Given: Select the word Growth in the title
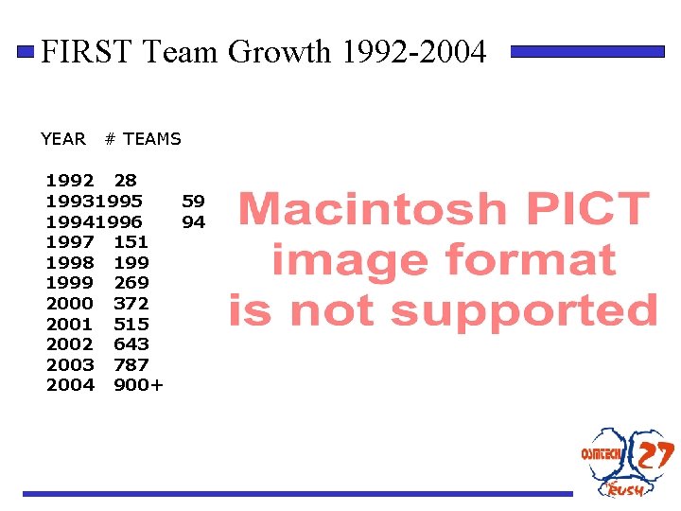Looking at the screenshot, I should pos(279,52).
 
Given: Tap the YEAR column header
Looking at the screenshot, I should pos(63,139).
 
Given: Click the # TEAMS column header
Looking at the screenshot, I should pos(143,139).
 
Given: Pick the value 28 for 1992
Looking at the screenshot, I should pos(125,180).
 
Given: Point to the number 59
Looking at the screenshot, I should pos(193,201).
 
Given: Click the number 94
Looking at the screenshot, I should pos(193,221).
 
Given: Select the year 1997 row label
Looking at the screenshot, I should pos(70,242).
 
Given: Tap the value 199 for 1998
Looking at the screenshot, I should pos(131,262).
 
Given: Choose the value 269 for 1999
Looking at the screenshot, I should pos(131,283).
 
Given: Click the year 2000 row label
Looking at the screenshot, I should pos(70,303).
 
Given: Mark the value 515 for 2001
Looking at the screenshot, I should pos(131,324).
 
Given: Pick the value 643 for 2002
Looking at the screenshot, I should pos(131,344).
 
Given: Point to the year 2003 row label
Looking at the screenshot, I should pos(70,364).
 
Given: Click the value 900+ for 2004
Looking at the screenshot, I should pos(138,385).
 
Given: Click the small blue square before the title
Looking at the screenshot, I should pos(29,52).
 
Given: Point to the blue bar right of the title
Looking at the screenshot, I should pos(587,52).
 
